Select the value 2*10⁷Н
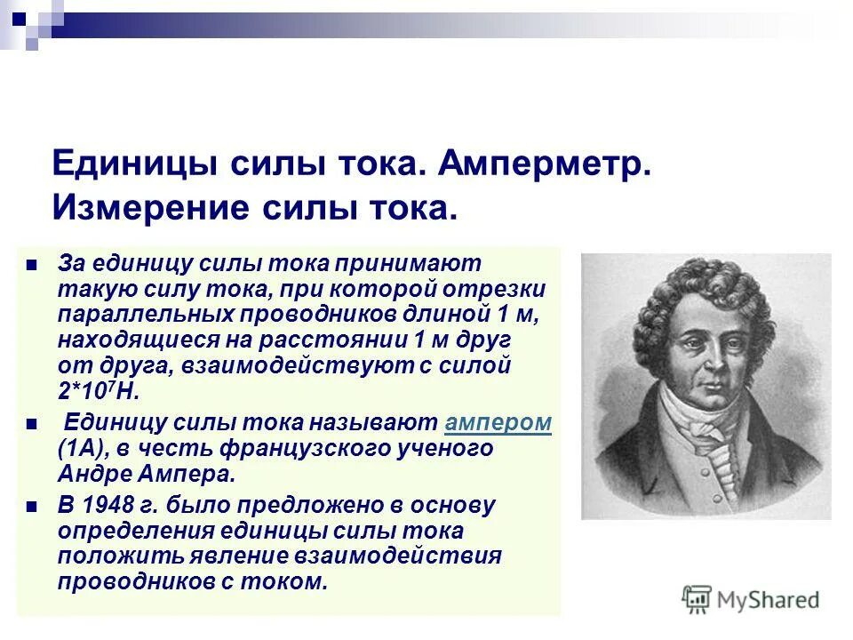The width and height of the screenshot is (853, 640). click(x=100, y=391)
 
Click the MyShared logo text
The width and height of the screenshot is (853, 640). click(x=769, y=600)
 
